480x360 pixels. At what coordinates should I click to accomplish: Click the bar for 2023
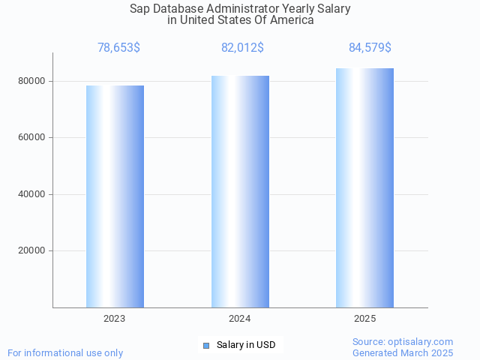coord(115,196)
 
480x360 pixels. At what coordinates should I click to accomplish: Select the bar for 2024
coord(240,191)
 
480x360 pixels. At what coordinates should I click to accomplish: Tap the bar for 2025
coord(364,187)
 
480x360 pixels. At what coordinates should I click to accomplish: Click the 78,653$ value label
coord(118,48)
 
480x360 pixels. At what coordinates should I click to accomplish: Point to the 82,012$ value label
coord(242,48)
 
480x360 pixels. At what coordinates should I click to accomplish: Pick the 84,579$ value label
coord(370,48)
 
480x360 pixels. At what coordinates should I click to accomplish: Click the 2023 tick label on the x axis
coord(115,319)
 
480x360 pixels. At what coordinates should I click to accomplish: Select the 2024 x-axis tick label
coord(240,319)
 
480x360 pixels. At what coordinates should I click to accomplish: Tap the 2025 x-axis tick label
coord(364,319)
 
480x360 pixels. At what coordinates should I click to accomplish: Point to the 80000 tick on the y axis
coord(32,81)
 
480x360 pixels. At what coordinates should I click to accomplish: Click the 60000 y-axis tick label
coord(32,138)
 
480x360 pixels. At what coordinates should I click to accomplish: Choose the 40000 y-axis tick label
coord(32,194)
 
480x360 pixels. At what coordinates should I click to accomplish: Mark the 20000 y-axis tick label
coord(32,251)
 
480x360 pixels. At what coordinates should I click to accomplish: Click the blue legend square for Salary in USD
coord(206,346)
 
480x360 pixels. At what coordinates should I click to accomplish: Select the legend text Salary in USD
coord(246,345)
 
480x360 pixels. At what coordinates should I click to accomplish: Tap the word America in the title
coord(291,20)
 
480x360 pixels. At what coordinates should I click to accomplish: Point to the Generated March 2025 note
coord(403,352)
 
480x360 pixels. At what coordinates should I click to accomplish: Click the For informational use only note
coord(65,352)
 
